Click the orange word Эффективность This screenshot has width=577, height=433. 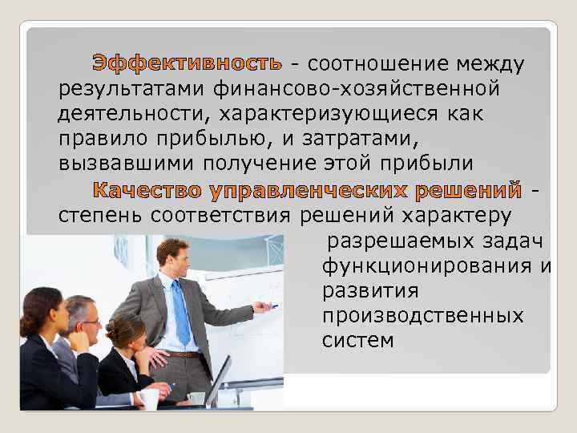pyautogui.click(x=187, y=63)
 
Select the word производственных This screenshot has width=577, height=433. pyautogui.click(x=422, y=315)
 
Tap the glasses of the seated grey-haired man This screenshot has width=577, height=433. pyautogui.click(x=90, y=322)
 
